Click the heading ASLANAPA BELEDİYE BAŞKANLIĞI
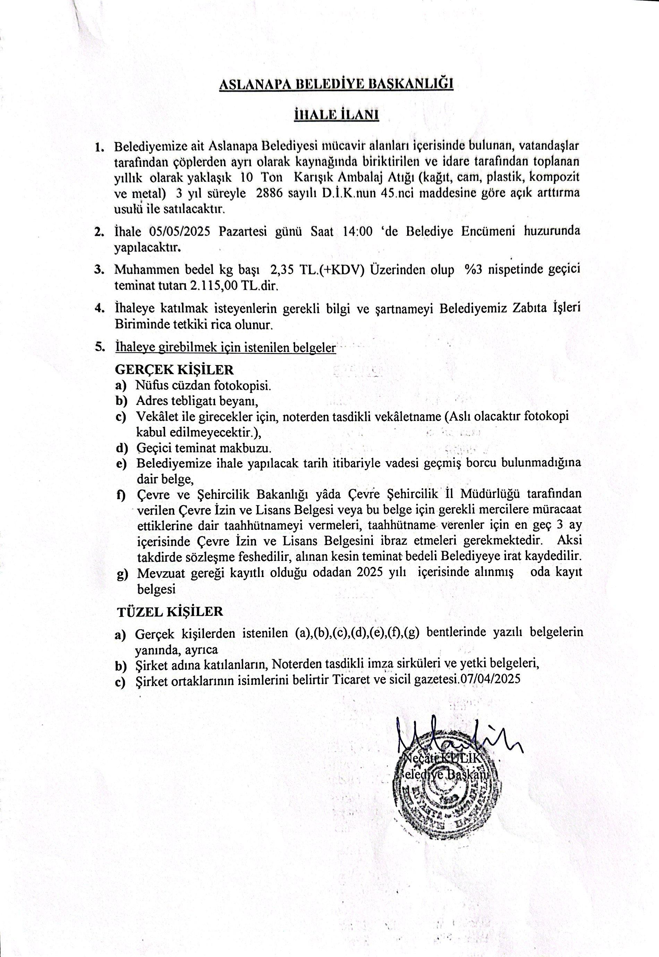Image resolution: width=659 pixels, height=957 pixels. (336, 84)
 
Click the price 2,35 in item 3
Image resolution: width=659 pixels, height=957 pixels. (282, 270)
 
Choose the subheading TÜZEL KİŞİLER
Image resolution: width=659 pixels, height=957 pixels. (170, 612)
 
